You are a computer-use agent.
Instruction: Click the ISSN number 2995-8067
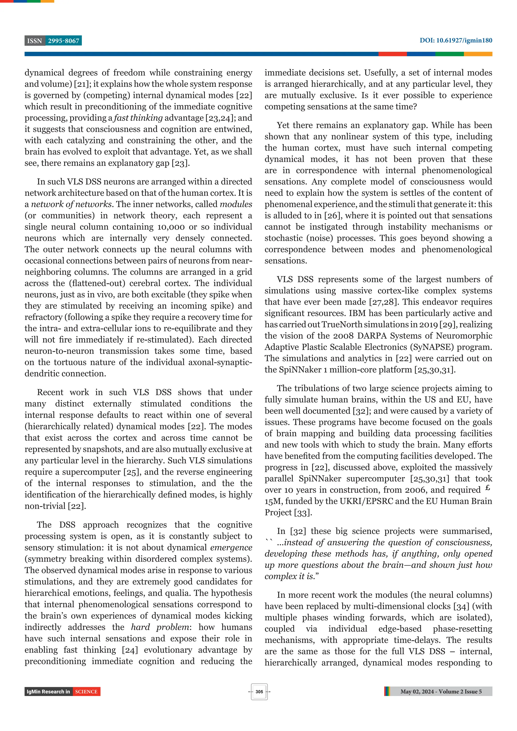pyautogui.click(x=63, y=41)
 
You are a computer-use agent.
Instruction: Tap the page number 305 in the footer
pyautogui.click(x=259, y=692)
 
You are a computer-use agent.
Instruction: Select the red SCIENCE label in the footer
pyautogui.click(x=86, y=692)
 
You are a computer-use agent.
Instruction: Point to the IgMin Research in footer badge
pyautogui.click(x=48, y=692)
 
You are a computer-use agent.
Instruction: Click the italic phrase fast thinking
pyautogui.click(x=138, y=118)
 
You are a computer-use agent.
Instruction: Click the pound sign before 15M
pyautogui.click(x=488, y=488)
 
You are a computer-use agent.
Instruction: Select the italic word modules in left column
pyautogui.click(x=236, y=204)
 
